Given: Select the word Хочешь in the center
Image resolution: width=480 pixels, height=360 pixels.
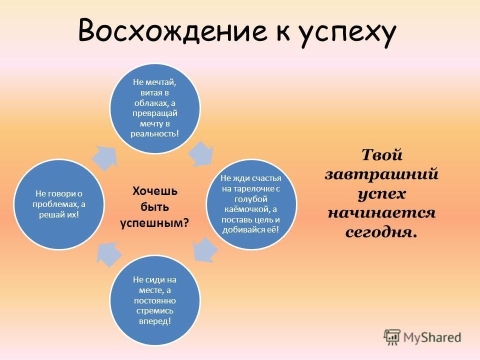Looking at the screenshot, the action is pos(154,191).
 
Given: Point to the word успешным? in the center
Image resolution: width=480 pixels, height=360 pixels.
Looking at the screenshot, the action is pos(154,223).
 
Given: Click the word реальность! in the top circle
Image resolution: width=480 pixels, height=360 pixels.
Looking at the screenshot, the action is pos(154,134).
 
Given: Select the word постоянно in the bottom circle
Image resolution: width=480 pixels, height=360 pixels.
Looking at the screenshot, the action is pos(154,300).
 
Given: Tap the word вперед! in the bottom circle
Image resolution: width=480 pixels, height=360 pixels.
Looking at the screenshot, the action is pos(154,321).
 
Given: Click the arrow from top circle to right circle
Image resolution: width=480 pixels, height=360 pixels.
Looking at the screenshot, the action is pos(201,154).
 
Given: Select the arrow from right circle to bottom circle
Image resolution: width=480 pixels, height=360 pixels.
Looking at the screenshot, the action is pos(205,250).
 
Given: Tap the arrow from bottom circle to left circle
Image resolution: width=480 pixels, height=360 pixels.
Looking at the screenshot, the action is pos(108,254).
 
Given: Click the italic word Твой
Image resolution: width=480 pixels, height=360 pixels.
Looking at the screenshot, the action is pos(381,155).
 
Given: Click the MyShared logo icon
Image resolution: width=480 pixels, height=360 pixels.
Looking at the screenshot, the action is pos(392,337).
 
